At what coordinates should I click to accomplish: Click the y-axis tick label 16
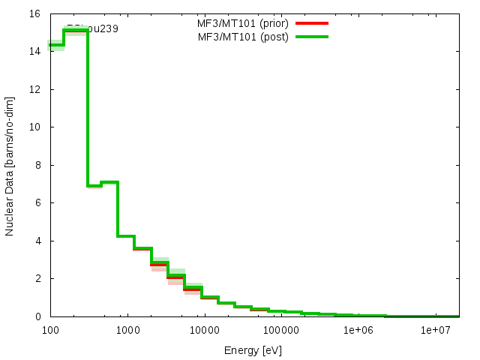34,13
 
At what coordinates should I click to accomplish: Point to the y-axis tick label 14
34,52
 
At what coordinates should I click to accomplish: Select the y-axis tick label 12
34,89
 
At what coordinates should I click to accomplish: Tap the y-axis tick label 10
34,127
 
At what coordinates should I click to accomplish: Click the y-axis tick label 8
37,165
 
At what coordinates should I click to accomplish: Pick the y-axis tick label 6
37,203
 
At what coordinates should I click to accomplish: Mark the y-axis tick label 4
37,241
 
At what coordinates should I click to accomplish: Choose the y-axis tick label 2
37,279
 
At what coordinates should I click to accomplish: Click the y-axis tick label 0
37,316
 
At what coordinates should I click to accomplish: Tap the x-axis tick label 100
50,330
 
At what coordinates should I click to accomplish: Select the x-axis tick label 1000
127,330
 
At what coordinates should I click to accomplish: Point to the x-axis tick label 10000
204,330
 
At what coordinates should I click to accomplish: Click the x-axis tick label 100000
281,330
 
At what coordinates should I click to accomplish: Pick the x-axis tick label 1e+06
358,330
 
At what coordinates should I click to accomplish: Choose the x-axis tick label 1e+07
435,330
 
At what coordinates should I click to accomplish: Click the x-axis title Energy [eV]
253,349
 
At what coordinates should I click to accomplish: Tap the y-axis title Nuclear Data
10,165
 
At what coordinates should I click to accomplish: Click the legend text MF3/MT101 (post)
243,37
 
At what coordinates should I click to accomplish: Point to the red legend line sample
313,23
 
